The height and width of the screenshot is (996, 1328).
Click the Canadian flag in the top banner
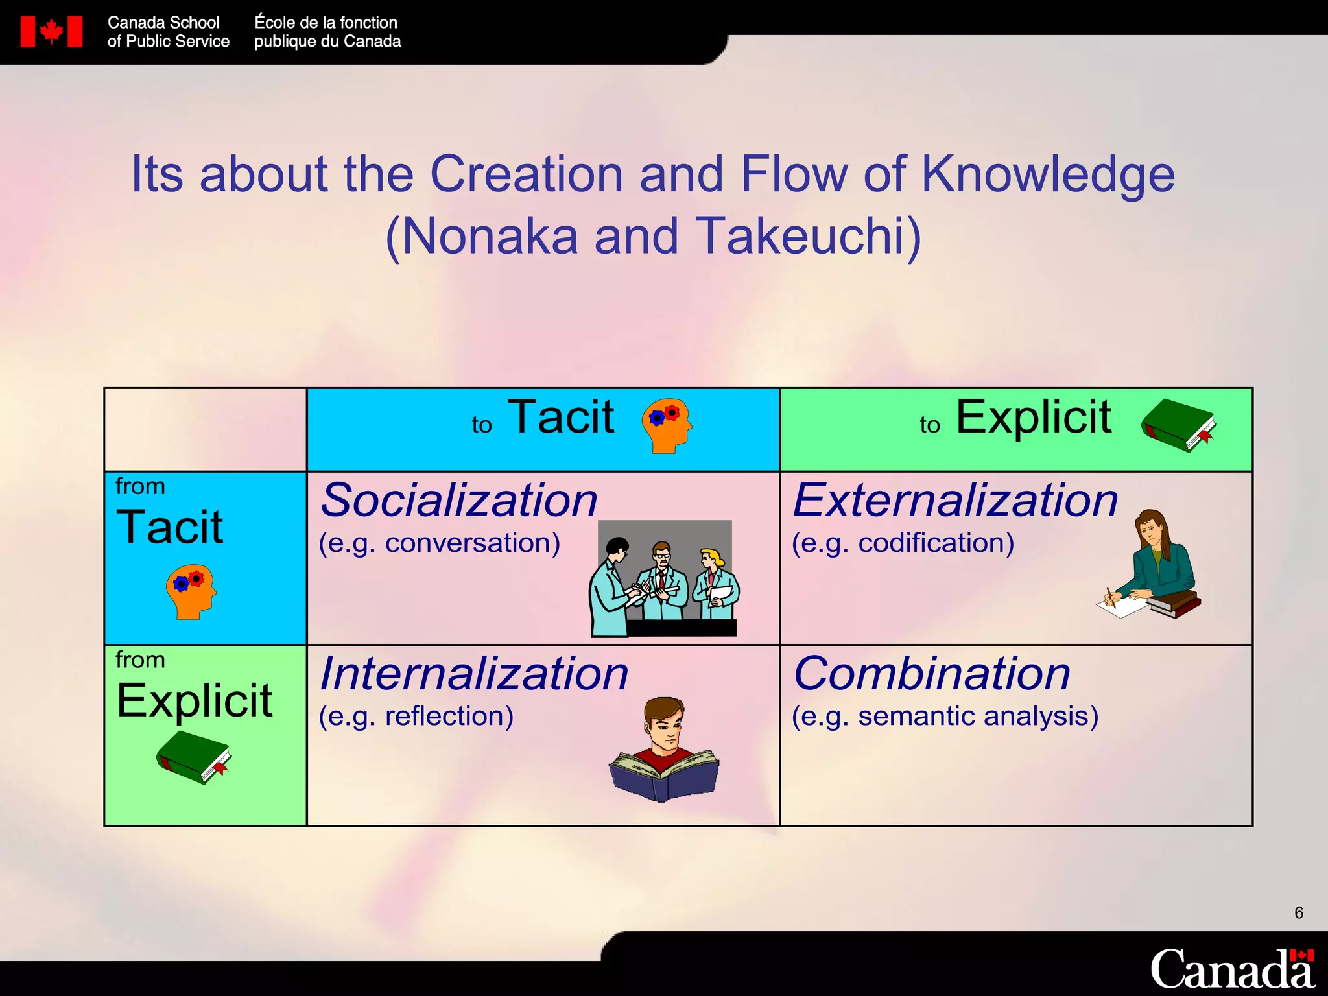point(51,32)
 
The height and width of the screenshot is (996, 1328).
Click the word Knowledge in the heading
point(1048,175)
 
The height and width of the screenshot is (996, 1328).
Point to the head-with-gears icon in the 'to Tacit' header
point(667,425)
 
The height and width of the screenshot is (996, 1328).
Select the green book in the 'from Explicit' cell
point(194,757)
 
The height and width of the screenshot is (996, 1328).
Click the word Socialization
point(459,501)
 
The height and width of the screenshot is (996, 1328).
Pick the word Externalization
point(956,501)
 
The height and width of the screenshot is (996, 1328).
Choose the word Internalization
point(474,674)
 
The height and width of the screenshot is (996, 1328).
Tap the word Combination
point(932,674)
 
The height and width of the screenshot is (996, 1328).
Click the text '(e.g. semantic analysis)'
point(945,717)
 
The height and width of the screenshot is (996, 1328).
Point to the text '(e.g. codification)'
point(903,543)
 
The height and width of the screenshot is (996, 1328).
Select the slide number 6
point(1298,913)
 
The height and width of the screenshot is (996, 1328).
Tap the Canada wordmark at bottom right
point(1232,969)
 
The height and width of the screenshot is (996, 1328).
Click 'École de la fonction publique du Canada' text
point(327,32)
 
